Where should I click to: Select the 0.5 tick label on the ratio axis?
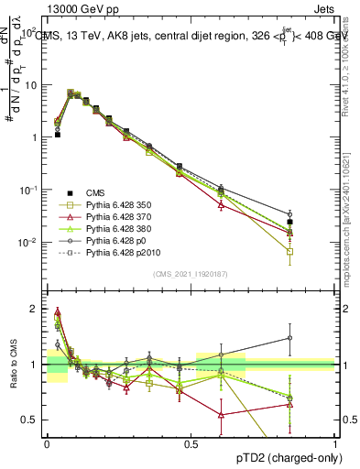point(29,420)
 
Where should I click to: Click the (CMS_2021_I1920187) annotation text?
point(191,274)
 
